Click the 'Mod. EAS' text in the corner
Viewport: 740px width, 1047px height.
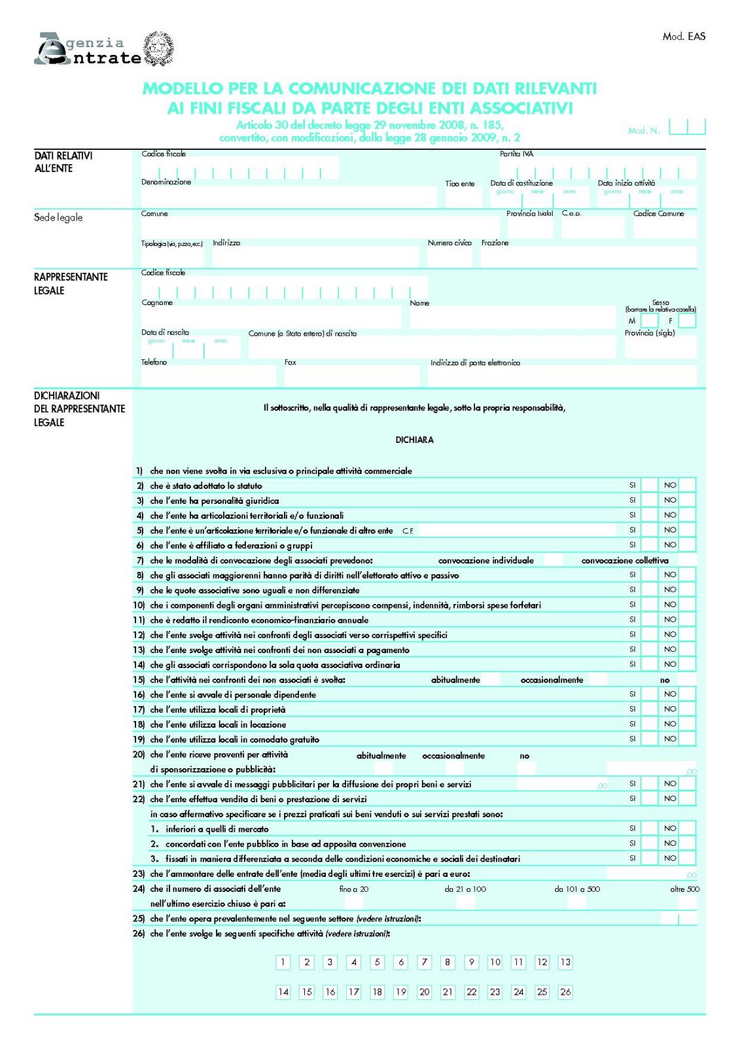(684, 37)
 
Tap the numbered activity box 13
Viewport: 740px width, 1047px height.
(565, 962)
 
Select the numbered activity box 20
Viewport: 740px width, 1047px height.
(424, 991)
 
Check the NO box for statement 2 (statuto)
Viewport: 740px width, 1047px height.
(687, 485)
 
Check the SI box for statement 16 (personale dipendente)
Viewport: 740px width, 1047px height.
(649, 694)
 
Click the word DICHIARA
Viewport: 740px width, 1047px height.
(414, 440)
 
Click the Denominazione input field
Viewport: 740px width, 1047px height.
(288, 197)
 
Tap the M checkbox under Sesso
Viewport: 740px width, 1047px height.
(649, 321)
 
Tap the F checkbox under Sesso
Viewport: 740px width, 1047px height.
(687, 321)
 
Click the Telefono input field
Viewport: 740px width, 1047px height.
(208, 377)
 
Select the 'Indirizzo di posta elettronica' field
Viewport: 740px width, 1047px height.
(563, 377)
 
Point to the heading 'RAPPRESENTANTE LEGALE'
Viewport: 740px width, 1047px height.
(71, 283)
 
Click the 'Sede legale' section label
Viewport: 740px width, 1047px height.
(58, 217)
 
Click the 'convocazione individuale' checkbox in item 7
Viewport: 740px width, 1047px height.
(553, 560)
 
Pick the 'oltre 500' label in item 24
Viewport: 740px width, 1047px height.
(684, 889)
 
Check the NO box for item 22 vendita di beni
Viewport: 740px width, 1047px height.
(687, 798)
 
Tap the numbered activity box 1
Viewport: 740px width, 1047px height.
(283, 962)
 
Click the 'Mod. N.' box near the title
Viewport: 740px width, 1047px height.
(687, 127)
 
